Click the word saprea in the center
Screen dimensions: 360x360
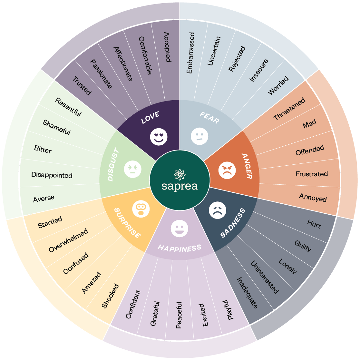point(180,186)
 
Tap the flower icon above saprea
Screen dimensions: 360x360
point(180,174)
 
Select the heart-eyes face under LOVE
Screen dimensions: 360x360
point(159,137)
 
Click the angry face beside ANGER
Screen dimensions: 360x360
point(227,170)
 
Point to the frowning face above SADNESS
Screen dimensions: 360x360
point(218,210)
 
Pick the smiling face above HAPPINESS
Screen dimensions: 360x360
point(179,229)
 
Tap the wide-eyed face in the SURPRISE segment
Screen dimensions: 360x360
point(141,209)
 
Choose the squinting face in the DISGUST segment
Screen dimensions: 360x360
point(133,169)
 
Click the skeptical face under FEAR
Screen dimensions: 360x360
point(199,136)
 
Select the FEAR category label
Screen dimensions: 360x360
point(209,118)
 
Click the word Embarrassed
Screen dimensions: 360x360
point(190,53)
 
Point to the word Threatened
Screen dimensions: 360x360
point(289,109)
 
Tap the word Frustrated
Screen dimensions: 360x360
point(312,174)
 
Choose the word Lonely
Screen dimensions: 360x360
point(288,266)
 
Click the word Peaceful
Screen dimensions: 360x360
point(179,315)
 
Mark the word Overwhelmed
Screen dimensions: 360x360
point(68,240)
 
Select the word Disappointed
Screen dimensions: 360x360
point(52,175)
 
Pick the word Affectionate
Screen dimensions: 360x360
point(123,64)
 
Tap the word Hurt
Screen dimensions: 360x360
point(314,224)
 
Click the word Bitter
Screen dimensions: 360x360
point(43,149)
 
